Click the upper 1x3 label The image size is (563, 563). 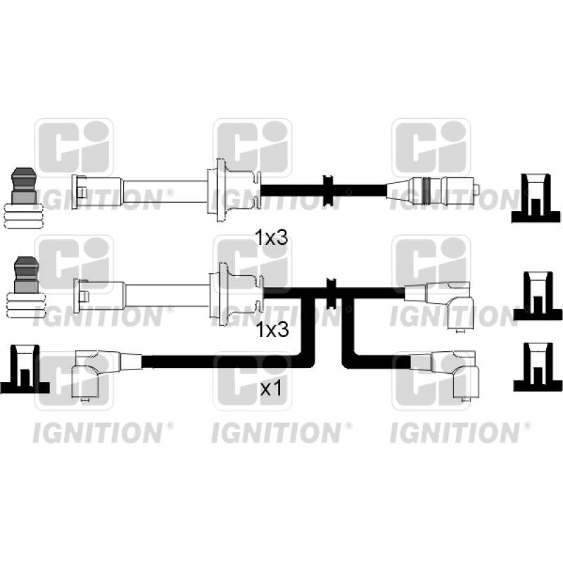tap(272, 238)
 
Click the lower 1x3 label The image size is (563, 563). tap(272, 329)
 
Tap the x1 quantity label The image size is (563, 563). tap(271, 388)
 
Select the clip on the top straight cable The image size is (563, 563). tap(328, 191)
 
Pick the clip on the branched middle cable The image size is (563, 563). tap(331, 293)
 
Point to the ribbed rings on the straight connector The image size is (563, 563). tap(426, 191)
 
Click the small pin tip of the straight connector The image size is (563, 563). tap(477, 190)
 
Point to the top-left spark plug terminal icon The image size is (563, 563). tap(24, 198)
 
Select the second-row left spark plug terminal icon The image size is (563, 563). tap(26, 287)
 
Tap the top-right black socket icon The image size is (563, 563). tap(536, 198)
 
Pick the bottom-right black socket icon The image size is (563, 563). tap(538, 367)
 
